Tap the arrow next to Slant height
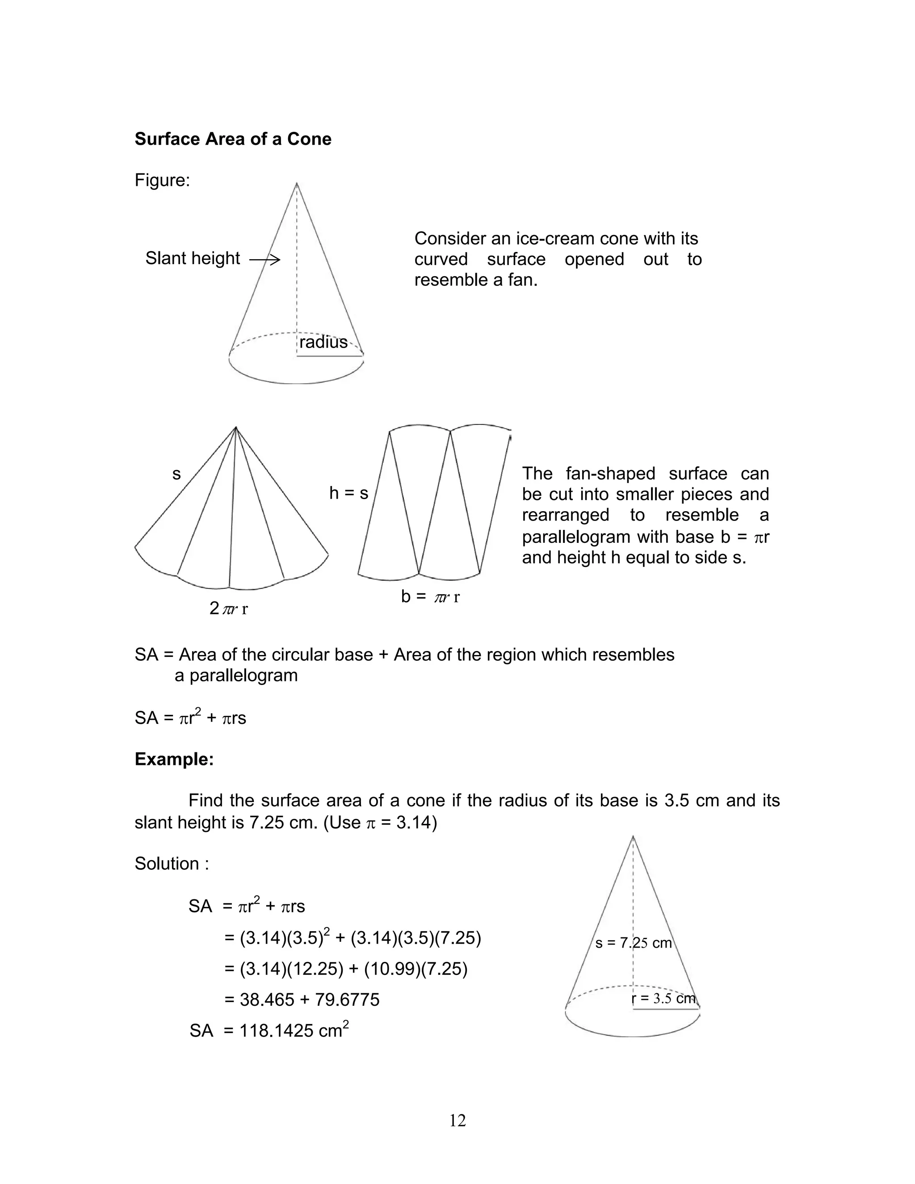click(264, 260)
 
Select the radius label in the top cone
click(323, 342)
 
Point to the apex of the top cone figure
click(297, 185)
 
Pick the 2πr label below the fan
click(228, 609)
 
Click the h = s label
click(348, 493)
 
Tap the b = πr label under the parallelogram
click(430, 597)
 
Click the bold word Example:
click(174, 759)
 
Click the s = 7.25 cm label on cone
click(633, 943)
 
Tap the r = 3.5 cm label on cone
click(663, 999)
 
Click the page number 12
click(457, 1120)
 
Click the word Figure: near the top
click(162, 180)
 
